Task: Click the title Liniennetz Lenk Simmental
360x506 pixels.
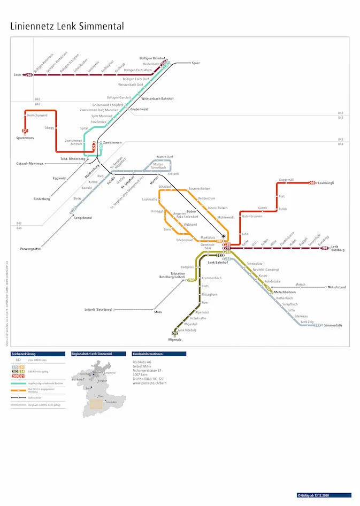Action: tap(67, 26)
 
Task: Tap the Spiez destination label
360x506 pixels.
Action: tap(195, 63)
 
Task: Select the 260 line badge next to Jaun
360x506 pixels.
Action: tap(29, 75)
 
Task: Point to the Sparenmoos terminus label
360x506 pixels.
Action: tap(25, 138)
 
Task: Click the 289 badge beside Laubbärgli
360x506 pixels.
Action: tap(312, 183)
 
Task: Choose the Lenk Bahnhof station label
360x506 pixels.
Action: tap(218, 263)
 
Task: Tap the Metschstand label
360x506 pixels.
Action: tap(336, 287)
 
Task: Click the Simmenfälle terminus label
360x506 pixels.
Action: tap(333, 325)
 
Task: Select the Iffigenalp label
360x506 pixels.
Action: tap(175, 339)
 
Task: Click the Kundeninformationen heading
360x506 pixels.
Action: tap(148, 354)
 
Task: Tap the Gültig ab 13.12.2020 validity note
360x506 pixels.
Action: tap(324, 495)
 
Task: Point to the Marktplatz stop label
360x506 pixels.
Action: tap(208, 237)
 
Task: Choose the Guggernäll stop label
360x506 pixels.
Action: tap(286, 180)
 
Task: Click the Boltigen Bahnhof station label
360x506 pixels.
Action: tap(152, 57)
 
